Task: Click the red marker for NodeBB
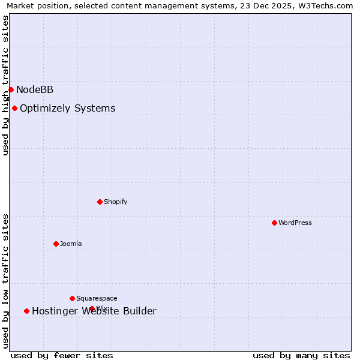tap(11, 89)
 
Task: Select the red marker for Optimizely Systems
tap(14, 108)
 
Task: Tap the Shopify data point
tap(100, 202)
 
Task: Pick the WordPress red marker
tap(274, 223)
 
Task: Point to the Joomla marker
tap(56, 244)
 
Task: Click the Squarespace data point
tap(72, 298)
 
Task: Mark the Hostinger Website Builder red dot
tap(26, 311)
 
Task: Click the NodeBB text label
tap(35, 90)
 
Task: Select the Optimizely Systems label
tap(67, 109)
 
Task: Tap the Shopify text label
tap(115, 202)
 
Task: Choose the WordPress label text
tap(295, 223)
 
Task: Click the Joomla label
tap(71, 244)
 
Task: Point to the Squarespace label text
tap(97, 299)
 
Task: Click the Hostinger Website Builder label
tap(94, 311)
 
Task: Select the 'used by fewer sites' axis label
tap(62, 355)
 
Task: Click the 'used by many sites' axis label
tap(301, 355)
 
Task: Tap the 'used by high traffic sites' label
tap(6, 85)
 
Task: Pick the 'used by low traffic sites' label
tap(6, 281)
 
